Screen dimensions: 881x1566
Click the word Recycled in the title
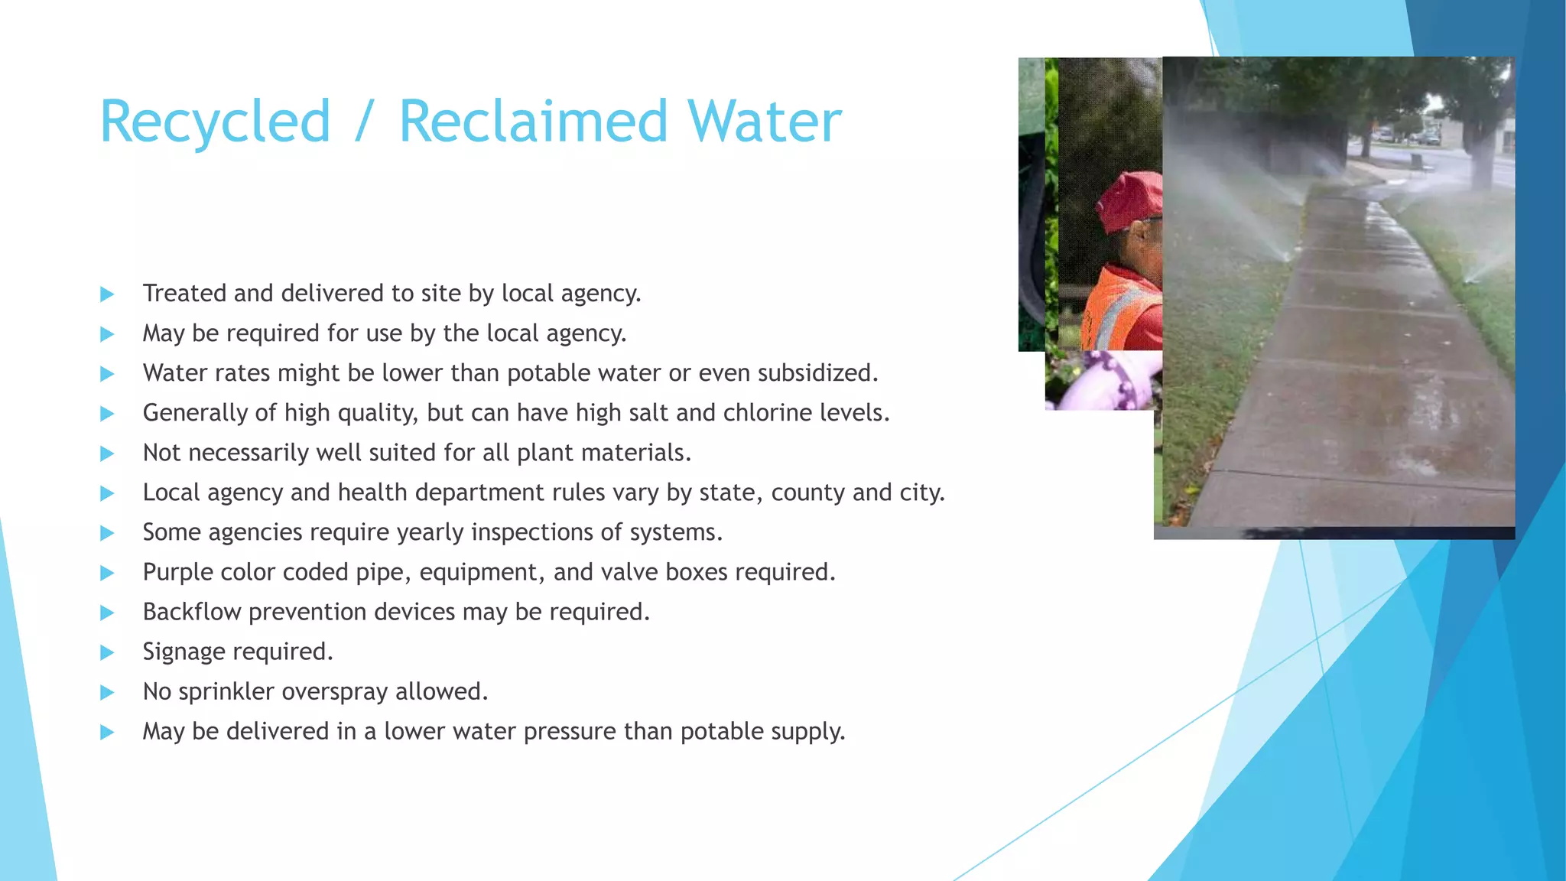(215, 122)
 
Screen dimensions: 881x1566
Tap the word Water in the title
(764, 122)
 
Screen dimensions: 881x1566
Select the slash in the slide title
(365, 122)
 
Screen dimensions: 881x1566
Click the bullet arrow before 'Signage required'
(107, 652)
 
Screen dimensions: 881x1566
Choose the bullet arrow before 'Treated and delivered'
(107, 294)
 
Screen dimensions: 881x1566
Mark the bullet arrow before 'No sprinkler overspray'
(107, 693)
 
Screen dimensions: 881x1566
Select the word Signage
(184, 652)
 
